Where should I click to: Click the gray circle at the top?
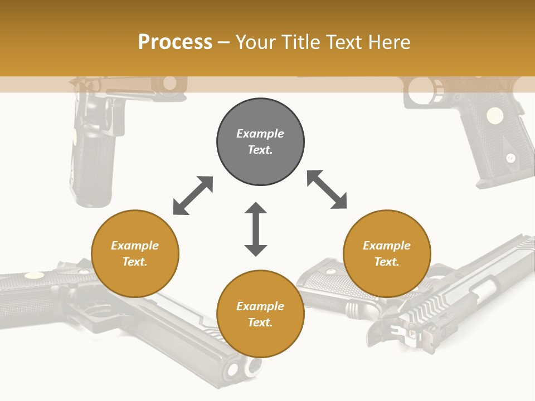pos(260,141)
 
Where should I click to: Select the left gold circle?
pos(135,253)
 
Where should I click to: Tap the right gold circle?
pos(387,253)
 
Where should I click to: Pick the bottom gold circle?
pos(260,314)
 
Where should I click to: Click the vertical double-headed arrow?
pos(256,229)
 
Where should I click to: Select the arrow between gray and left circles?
pos(193,195)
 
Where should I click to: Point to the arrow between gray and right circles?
pos(327,189)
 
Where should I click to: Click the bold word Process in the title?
pos(175,42)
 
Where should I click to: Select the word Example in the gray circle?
pos(260,134)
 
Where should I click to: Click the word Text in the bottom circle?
pos(259,322)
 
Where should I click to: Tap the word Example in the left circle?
pos(135,246)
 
